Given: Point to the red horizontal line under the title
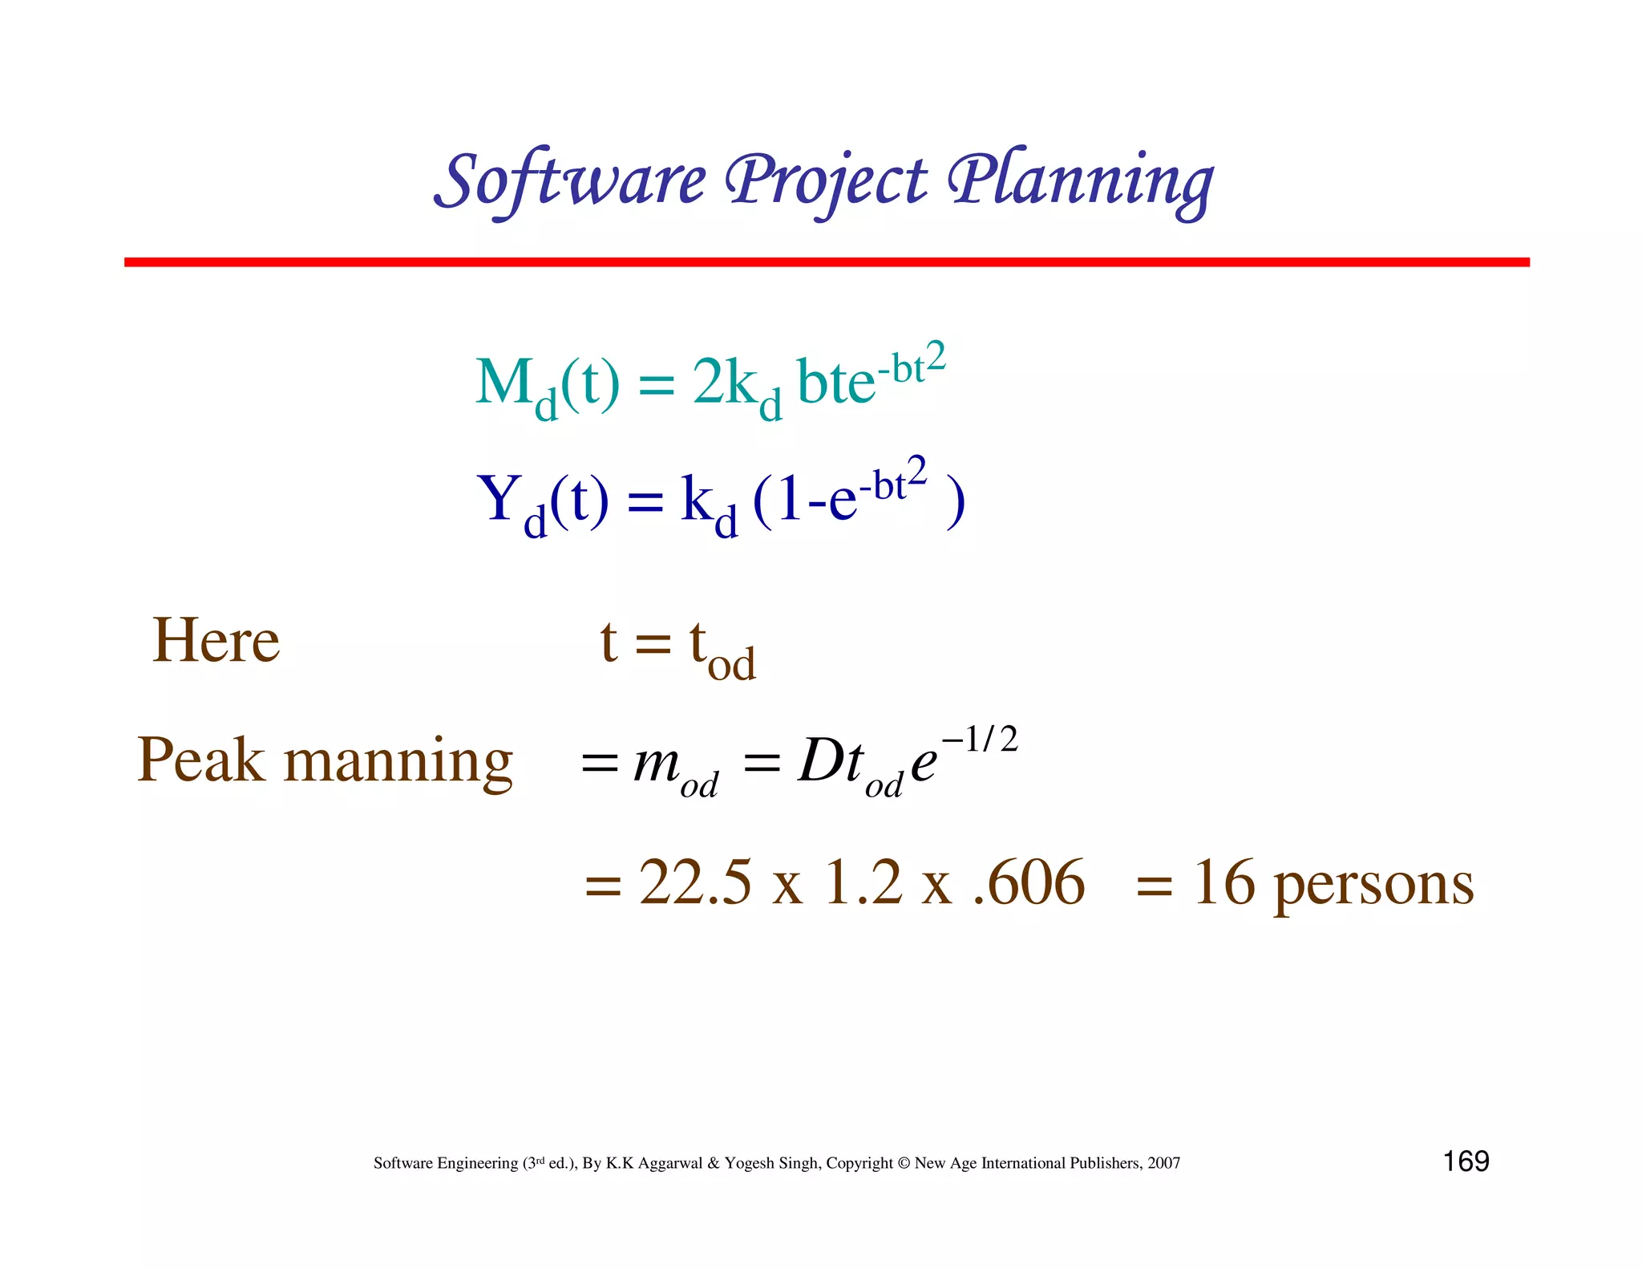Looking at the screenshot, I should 826,262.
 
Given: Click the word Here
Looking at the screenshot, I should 216,641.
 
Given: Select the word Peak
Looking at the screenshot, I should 200,760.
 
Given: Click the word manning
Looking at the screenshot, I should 398,762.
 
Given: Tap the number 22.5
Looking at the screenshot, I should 695,882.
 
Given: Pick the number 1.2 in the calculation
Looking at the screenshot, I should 863,882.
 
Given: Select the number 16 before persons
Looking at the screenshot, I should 1223,882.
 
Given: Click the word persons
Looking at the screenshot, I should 1373,886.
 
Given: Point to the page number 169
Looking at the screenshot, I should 1466,1162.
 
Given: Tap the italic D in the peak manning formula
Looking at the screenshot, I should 819,760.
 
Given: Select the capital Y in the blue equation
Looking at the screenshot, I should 498,498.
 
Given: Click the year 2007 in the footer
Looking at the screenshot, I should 1163,1163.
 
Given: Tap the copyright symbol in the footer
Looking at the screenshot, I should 904,1163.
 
